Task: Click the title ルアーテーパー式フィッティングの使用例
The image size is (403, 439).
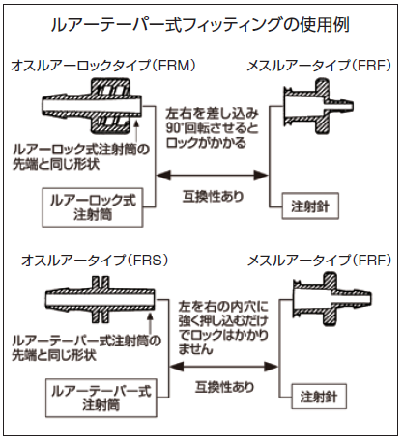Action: (x=200, y=25)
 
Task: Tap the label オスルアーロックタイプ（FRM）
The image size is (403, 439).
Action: (x=103, y=66)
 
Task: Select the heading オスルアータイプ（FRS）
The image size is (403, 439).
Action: (x=95, y=261)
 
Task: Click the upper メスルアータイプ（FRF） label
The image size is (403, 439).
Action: (x=319, y=66)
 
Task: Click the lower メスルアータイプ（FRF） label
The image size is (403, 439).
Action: (x=319, y=261)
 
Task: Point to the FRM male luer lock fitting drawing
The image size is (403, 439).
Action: (x=92, y=106)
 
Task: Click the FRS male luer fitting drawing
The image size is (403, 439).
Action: (x=100, y=299)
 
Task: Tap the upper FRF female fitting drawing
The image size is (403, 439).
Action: (x=318, y=106)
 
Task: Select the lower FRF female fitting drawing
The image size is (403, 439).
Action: (x=331, y=299)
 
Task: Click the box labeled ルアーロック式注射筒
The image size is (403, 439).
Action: (x=93, y=207)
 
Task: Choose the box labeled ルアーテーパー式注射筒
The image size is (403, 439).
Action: (x=101, y=398)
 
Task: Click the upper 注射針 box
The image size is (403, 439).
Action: (x=310, y=206)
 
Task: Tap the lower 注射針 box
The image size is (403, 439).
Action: (x=319, y=397)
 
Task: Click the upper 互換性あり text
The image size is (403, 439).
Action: (x=213, y=196)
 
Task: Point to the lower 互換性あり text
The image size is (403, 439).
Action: (x=224, y=387)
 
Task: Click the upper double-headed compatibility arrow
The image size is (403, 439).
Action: (x=213, y=176)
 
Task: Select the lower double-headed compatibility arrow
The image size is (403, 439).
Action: (x=223, y=367)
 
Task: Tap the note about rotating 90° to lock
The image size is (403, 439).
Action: (x=213, y=127)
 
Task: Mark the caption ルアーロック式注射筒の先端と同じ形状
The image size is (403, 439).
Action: (x=81, y=157)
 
